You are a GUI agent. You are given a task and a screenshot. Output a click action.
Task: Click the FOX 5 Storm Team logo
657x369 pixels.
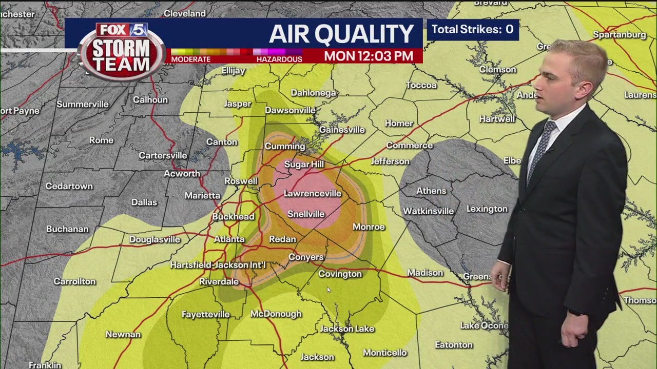click(122, 51)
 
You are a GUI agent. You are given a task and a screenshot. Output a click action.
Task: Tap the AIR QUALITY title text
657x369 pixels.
click(341, 34)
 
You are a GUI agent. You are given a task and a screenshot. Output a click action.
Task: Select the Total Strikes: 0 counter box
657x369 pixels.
click(473, 29)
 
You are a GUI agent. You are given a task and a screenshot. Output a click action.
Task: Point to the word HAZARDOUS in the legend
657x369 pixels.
click(279, 59)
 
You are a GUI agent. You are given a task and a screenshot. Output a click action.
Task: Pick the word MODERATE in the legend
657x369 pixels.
click(191, 59)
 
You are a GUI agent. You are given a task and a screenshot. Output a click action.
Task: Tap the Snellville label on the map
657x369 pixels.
click(306, 214)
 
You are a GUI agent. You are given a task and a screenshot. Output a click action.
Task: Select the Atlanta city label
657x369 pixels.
click(229, 239)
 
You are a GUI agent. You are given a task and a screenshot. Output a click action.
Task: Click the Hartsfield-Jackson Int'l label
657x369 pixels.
click(218, 265)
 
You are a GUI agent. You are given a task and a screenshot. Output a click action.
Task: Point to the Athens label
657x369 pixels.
click(431, 191)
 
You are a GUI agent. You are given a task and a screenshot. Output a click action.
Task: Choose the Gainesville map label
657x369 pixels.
click(342, 130)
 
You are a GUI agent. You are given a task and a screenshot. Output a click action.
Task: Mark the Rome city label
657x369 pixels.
click(101, 140)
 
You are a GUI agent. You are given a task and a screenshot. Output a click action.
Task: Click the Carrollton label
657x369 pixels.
click(75, 281)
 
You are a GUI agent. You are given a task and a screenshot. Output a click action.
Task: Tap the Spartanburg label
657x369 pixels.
click(620, 35)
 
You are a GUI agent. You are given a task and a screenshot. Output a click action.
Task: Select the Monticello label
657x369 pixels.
click(385, 353)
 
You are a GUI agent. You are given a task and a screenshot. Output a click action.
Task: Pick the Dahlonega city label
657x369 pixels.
click(313, 93)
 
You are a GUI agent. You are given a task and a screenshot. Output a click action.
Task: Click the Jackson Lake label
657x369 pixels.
click(347, 329)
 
